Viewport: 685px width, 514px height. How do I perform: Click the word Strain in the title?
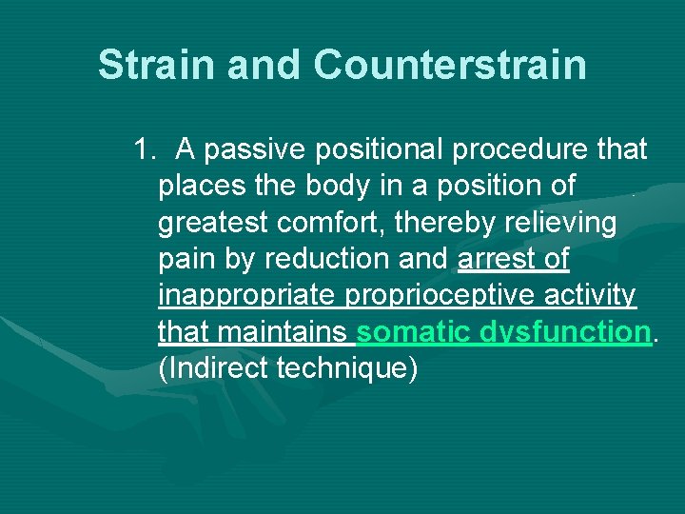(153, 65)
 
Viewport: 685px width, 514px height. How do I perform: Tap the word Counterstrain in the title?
(449, 65)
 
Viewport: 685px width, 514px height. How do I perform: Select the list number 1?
(146, 149)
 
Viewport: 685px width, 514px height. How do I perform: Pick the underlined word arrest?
(495, 259)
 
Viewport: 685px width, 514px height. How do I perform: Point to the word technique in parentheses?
(346, 368)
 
